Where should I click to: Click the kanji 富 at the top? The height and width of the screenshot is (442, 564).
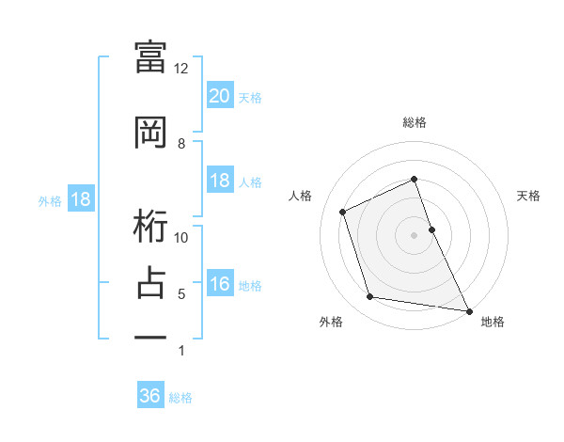click(x=150, y=55)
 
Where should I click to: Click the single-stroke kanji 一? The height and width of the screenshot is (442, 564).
click(x=150, y=336)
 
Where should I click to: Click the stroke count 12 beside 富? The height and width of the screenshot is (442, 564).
click(x=181, y=69)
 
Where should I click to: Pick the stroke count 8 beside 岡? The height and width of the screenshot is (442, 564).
click(x=181, y=144)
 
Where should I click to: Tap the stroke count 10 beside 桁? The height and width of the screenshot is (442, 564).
click(x=181, y=238)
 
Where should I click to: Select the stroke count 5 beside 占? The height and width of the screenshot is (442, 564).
click(x=181, y=294)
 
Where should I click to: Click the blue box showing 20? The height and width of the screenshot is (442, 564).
click(x=219, y=96)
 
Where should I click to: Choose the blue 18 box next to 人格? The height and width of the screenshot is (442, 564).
click(x=219, y=182)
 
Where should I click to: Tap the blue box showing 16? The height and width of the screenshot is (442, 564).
click(x=219, y=285)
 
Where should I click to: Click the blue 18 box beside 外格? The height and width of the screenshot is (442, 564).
click(x=80, y=200)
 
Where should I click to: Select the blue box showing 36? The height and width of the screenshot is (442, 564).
click(x=150, y=396)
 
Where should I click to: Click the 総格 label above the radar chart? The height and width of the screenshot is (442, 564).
click(x=415, y=122)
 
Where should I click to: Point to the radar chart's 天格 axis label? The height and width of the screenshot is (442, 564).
click(x=528, y=196)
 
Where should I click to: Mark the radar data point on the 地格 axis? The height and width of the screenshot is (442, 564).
click(x=468, y=310)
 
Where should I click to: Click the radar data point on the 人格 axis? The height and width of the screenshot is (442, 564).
click(x=344, y=211)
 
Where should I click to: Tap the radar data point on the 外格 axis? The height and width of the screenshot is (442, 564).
click(x=370, y=297)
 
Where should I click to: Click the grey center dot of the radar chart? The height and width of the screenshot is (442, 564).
click(x=415, y=234)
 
